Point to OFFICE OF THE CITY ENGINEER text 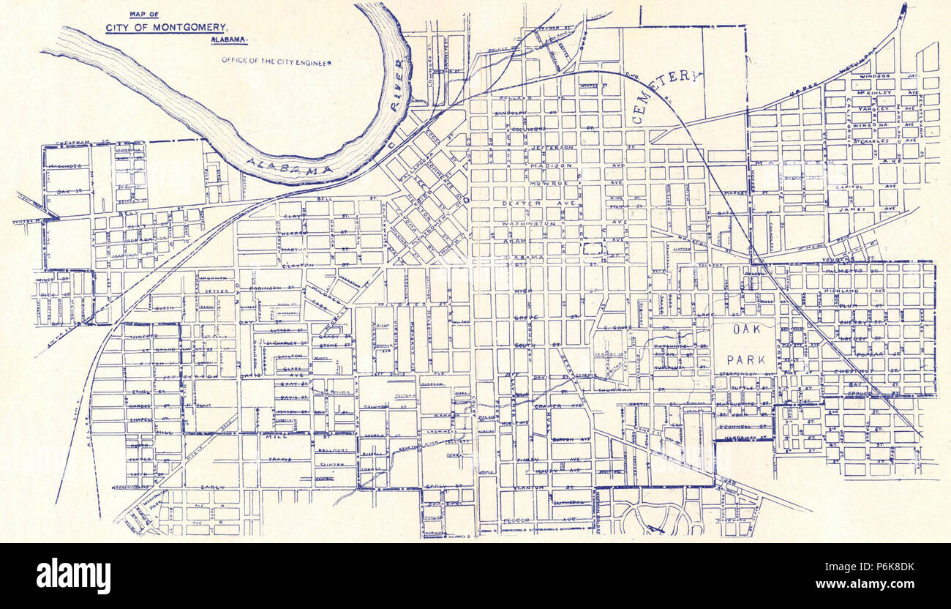[277, 62]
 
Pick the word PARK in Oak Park [745, 359]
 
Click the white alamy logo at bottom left [73, 575]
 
